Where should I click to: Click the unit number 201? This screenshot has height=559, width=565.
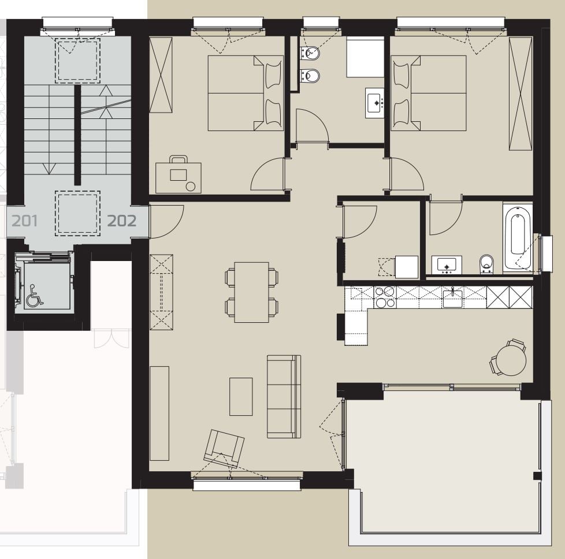point(24,221)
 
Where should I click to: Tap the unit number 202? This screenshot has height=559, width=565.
point(122,221)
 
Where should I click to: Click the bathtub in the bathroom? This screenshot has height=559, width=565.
point(518,238)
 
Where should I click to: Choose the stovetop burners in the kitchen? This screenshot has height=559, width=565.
point(385,297)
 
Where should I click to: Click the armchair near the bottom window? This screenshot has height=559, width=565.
point(224,449)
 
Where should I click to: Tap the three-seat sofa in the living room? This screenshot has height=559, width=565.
point(284,396)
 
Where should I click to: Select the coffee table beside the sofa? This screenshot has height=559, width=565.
point(241,396)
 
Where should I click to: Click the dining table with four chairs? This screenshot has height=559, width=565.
point(251,292)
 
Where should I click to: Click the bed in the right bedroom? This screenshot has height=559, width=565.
point(429,93)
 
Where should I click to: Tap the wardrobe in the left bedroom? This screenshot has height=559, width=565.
point(161,75)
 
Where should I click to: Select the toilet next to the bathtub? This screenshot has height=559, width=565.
point(486,264)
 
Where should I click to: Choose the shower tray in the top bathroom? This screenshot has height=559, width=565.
point(365,57)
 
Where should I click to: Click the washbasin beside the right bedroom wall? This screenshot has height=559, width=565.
point(374,103)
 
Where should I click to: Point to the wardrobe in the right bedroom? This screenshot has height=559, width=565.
point(521,94)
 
